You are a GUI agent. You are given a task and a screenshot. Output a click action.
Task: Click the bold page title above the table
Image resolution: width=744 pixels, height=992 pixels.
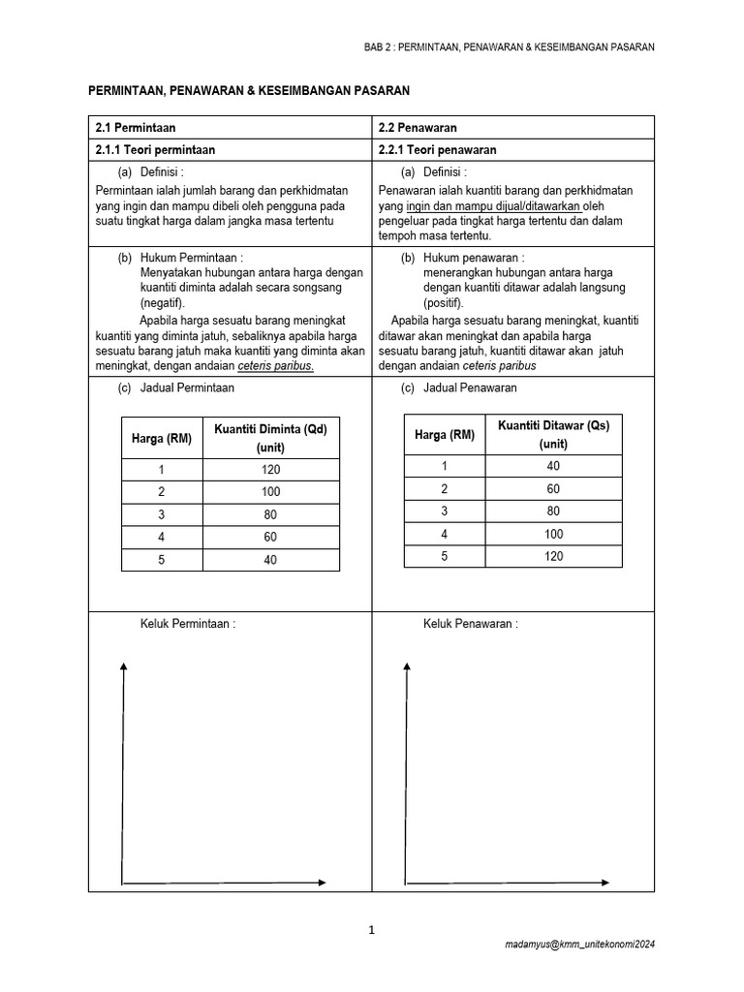click(249, 90)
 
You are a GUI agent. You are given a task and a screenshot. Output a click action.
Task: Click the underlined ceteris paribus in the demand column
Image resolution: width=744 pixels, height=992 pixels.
click(275, 366)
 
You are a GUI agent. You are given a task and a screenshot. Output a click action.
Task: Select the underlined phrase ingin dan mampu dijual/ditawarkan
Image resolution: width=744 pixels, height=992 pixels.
click(493, 205)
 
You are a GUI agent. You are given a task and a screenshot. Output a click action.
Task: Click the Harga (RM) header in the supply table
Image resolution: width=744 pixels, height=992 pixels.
click(445, 435)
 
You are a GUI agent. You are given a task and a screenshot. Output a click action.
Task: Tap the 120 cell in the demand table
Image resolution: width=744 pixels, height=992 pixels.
click(270, 470)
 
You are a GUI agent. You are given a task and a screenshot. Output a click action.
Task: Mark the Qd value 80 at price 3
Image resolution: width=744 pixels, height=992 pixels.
click(270, 514)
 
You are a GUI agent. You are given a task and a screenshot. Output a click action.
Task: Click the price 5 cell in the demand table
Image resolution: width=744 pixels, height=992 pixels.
click(162, 560)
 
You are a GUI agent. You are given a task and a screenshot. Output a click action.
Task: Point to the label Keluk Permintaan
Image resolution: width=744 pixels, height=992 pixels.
click(188, 624)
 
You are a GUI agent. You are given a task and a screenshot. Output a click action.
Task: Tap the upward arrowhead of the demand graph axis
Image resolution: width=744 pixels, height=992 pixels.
click(123, 665)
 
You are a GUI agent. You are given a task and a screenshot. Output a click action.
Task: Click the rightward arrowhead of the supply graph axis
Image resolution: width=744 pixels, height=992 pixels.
click(605, 883)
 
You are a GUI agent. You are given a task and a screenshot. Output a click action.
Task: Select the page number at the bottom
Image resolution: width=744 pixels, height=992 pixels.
click(371, 931)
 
